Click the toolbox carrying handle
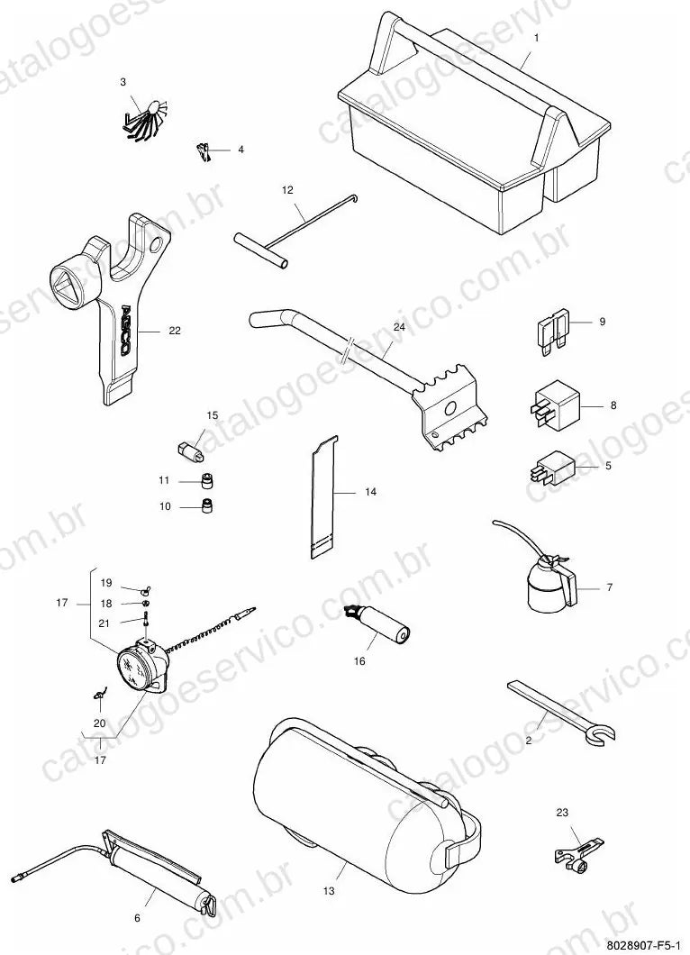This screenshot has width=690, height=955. click(463, 65)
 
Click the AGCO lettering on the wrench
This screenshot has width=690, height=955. click(124, 330)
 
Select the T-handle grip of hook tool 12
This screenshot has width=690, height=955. click(260, 250)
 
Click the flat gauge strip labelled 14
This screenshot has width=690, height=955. click(322, 496)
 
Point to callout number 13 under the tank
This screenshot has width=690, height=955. click(329, 891)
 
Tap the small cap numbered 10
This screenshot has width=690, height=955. click(207, 505)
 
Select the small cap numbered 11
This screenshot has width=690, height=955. click(208, 480)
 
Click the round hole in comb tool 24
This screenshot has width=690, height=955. click(450, 407)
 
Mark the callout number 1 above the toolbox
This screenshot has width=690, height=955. click(537, 38)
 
